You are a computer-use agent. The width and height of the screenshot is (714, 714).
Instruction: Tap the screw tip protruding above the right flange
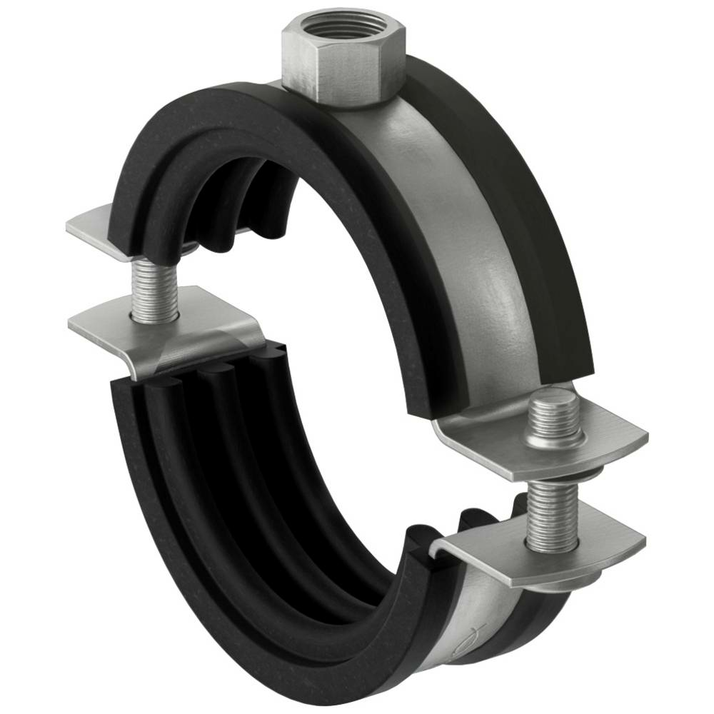click(x=553, y=414)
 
